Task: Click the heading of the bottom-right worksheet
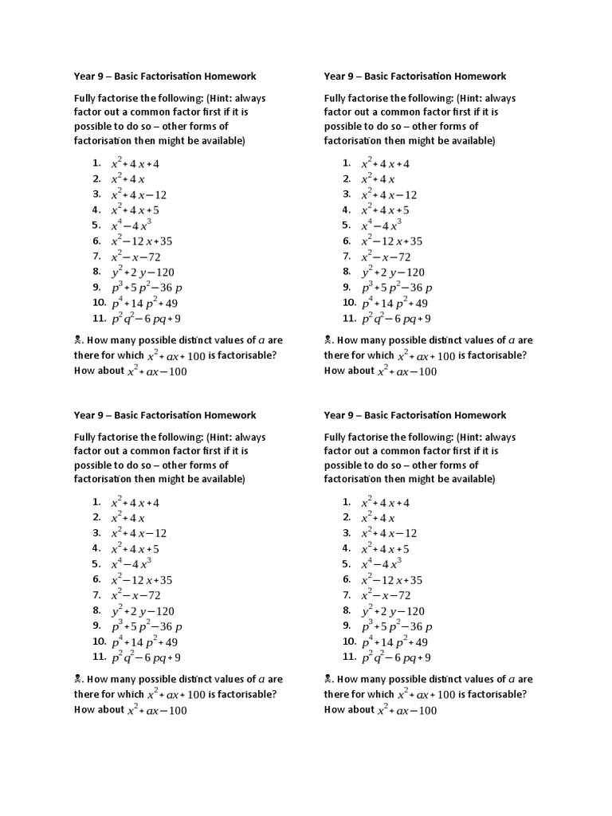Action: click(x=414, y=415)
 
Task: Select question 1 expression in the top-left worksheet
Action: click(x=135, y=163)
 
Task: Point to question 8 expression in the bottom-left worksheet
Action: click(x=143, y=611)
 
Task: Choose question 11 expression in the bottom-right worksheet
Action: click(x=396, y=657)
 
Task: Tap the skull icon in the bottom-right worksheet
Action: click(x=328, y=680)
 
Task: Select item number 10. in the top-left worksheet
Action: click(x=99, y=303)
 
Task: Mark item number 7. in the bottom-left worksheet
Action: click(x=96, y=595)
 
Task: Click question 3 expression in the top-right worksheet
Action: click(x=389, y=194)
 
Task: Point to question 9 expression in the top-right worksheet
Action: click(x=397, y=288)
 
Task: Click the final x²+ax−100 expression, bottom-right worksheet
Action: click(x=406, y=710)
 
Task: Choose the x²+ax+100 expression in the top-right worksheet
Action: click(x=426, y=356)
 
